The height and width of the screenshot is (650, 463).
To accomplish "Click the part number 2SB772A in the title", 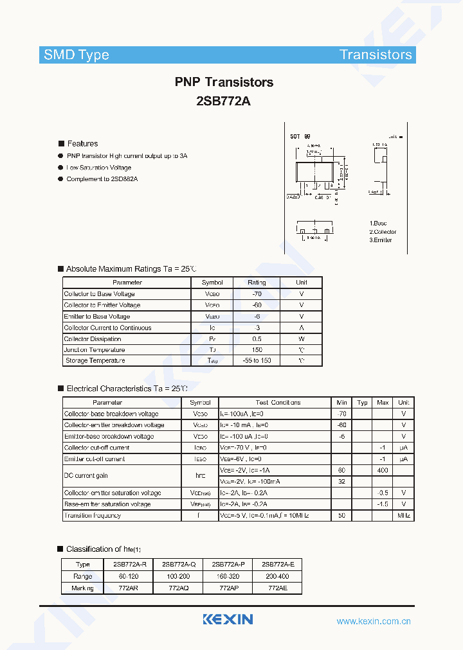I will [x=223, y=101].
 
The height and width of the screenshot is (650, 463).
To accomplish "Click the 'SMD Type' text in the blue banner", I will [x=77, y=55].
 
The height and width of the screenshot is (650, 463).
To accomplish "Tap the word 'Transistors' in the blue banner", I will [x=376, y=55].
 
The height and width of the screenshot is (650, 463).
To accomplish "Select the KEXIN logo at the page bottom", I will [x=228, y=619].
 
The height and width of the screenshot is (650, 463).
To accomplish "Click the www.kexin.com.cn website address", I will [x=374, y=621].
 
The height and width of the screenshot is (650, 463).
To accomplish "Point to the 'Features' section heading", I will [x=82, y=143].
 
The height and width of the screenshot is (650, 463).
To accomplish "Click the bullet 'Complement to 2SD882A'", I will [x=102, y=179].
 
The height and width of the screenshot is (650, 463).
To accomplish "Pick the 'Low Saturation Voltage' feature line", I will [x=98, y=168].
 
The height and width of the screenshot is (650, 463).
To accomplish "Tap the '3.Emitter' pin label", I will [x=380, y=240].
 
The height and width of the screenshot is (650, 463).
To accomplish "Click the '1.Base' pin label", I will [x=378, y=223].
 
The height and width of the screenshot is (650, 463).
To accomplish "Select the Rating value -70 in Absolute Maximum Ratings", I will [x=257, y=294].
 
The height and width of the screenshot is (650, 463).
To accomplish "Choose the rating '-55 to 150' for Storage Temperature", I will [x=257, y=360].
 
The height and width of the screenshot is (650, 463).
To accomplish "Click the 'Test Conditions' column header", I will [x=278, y=402].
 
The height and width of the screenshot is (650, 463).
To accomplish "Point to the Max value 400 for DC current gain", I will [x=383, y=470].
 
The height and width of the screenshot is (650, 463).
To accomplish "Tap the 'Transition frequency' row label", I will [x=93, y=515].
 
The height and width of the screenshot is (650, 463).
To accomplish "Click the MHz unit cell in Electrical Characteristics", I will [x=404, y=515].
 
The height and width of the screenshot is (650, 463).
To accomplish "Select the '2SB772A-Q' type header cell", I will [x=178, y=564].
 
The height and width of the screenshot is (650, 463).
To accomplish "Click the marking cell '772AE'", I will [x=277, y=588].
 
